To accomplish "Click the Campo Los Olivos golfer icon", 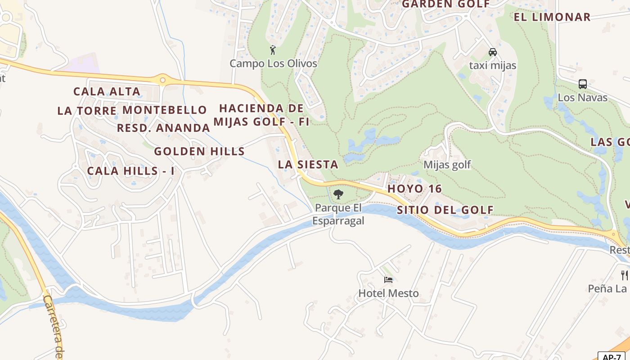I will click(x=272, y=50).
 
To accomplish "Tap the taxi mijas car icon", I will click(x=493, y=52).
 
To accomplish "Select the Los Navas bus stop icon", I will click(x=582, y=84).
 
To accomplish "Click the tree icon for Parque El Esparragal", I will click(x=338, y=194).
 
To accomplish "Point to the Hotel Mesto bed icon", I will click(x=388, y=280).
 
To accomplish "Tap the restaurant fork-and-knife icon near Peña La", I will click(x=624, y=275).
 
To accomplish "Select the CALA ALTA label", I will click(x=107, y=92).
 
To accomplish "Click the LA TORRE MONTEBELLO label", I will click(x=132, y=110).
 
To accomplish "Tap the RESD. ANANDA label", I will click(x=163, y=128).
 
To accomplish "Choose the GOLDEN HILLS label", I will click(x=199, y=152).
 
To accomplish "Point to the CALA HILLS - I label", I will click(x=130, y=171).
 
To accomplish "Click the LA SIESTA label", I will click(x=308, y=165).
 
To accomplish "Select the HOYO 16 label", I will click(x=414, y=189).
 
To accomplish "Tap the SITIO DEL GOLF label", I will click(x=445, y=210).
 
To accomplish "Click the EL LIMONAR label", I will click(x=552, y=18).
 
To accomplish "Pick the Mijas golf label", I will click(x=447, y=165).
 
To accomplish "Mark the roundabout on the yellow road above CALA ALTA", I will click(x=162, y=81).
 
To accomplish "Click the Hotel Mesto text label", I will click(x=388, y=293).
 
